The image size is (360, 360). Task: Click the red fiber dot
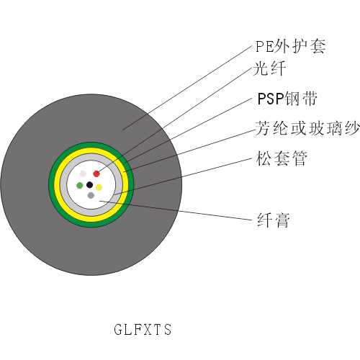click(96, 174)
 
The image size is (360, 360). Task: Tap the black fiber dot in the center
click(89, 185)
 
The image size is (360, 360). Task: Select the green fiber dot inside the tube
click(79, 185)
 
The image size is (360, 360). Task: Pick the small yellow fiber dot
click(99, 187)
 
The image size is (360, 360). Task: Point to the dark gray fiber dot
click(91, 195)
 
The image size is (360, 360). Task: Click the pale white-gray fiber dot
click(83, 174)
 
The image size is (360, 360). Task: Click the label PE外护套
click(290, 46)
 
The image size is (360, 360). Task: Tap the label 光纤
click(269, 68)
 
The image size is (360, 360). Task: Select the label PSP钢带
click(287, 99)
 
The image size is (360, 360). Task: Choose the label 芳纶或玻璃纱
click(307, 128)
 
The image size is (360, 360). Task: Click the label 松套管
click(282, 158)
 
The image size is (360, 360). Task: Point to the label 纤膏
click(274, 220)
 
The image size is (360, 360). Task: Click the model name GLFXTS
click(143, 329)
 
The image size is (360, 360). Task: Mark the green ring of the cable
click(91, 145)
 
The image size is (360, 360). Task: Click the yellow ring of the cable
click(91, 150)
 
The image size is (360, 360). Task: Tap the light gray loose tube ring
click(91, 157)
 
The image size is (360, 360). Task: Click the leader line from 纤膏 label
click(176, 210)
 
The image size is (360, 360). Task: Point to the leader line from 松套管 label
click(183, 176)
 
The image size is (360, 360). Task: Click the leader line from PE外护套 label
click(187, 88)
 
